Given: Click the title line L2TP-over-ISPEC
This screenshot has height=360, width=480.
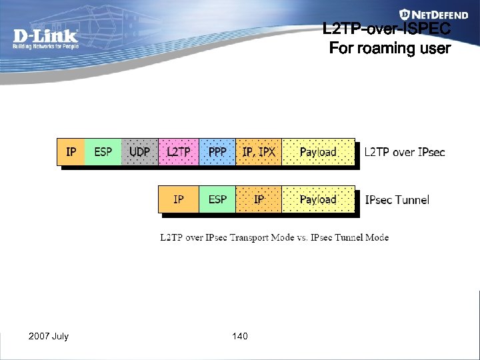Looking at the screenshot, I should pos(387,30).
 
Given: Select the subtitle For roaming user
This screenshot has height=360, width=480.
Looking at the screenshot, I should pos(390,49).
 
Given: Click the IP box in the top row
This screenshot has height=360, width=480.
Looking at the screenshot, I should pos(71,152).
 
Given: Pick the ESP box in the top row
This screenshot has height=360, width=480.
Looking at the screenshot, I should pos(103,152).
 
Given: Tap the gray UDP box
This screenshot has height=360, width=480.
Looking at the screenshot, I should pos(139,152).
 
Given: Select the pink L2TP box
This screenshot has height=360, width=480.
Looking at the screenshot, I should pos(178,152).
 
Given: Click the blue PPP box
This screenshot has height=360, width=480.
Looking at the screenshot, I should pos(217,152).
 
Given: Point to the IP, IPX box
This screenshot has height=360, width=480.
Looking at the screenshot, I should pos(259,152).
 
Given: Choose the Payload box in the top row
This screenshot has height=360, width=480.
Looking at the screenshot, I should pos(318,152).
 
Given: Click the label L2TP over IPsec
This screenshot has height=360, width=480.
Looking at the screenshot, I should pos(404,152).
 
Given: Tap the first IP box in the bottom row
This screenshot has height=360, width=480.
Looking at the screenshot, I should pos(178,199).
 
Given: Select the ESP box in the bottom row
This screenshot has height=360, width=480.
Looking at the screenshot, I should pos(217,199).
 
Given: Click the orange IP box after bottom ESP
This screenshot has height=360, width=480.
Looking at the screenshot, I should pos(259,199).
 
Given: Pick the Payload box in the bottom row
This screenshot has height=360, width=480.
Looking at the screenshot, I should pos(318,199).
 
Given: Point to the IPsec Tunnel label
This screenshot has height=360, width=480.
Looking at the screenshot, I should pos(397,199).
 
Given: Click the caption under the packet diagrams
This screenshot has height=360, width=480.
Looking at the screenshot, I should pos(274,237).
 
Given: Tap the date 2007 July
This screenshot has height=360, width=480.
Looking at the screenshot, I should pos(49,336).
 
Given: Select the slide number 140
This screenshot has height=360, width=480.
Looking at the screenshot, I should pos(240,336).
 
